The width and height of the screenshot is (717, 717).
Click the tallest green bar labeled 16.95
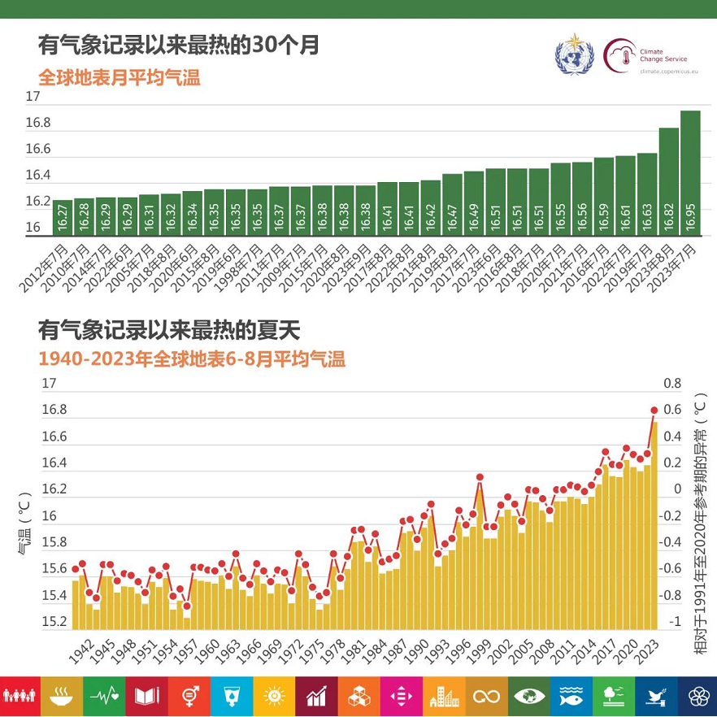(x=690, y=173)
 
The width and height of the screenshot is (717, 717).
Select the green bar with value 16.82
(x=668, y=182)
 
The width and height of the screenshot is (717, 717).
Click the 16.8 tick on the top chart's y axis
(x=38, y=124)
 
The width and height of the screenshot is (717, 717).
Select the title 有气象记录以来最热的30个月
(x=178, y=45)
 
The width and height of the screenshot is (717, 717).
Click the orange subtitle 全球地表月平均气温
(x=119, y=78)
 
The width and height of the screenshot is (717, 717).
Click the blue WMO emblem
(x=574, y=54)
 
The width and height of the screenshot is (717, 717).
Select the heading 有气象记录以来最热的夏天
(x=169, y=330)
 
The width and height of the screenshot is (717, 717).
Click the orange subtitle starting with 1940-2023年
(x=192, y=359)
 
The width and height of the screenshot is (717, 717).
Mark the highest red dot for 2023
(x=654, y=410)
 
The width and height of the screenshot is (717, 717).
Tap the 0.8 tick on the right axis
(x=672, y=383)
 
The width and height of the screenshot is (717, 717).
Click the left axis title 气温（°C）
(x=24, y=522)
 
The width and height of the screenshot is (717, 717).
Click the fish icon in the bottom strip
(x=570, y=696)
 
